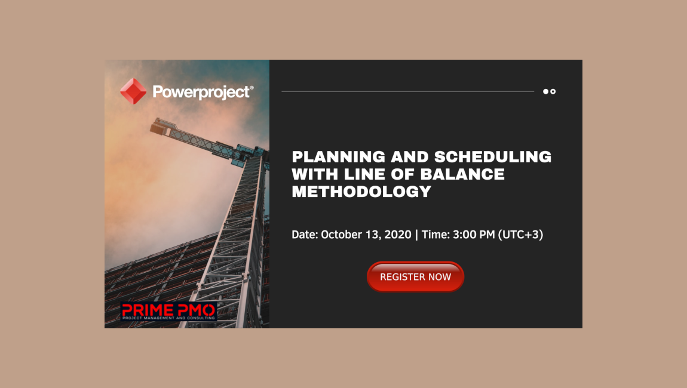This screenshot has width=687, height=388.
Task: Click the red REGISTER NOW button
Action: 415,277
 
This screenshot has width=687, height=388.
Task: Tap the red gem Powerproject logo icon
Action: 133,91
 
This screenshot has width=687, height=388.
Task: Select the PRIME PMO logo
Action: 168,312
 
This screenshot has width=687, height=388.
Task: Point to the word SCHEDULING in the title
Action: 493,157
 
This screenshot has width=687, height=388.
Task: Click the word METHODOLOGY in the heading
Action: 361,192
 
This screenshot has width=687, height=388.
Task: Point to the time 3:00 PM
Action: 474,235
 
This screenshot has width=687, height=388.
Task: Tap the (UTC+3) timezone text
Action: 520,235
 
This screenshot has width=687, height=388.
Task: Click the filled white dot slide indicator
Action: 546,91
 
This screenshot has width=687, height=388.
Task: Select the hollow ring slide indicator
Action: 553,91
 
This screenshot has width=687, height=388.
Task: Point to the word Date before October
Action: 304,235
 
